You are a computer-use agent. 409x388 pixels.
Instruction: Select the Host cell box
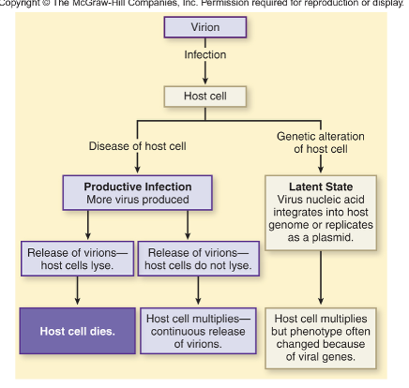point(204,96)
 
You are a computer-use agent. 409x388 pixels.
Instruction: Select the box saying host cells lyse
point(76,257)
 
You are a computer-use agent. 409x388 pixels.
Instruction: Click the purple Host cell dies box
point(76,329)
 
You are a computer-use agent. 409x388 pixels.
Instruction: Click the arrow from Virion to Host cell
point(204,75)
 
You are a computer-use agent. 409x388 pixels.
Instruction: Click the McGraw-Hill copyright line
point(204,5)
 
